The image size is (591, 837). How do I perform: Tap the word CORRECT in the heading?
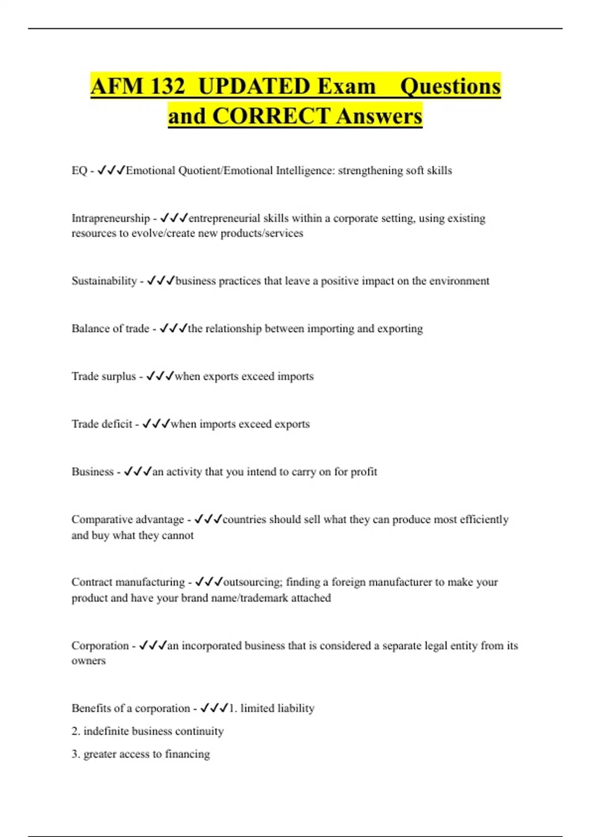(x=271, y=117)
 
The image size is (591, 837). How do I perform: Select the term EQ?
(x=79, y=171)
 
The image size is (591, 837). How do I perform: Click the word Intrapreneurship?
(x=110, y=218)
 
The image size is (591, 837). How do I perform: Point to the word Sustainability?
(x=104, y=281)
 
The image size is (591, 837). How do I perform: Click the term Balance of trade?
(x=110, y=329)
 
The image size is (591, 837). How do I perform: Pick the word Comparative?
(x=101, y=520)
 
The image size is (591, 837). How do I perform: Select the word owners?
(x=89, y=661)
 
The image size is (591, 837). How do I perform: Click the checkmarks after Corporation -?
(x=153, y=645)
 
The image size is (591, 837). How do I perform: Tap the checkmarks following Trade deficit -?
(x=156, y=424)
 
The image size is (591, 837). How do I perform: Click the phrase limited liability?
(x=277, y=708)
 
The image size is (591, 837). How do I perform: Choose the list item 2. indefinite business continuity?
(x=147, y=732)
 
